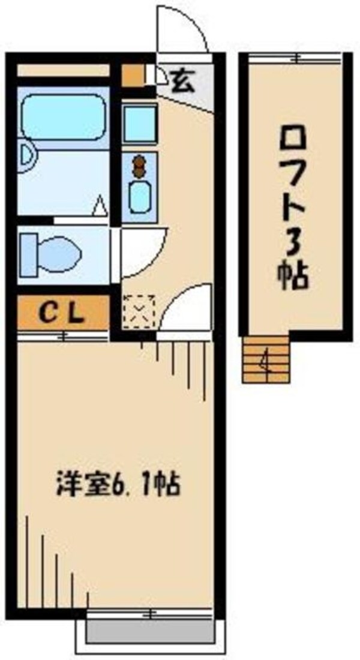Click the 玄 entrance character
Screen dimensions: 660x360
pyautogui.click(x=182, y=79)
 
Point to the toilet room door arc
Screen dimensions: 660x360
pyautogui.click(x=140, y=252)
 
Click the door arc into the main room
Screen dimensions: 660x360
pyautogui.click(x=186, y=306)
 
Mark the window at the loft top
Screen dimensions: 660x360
pyautogui.click(x=294, y=58)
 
